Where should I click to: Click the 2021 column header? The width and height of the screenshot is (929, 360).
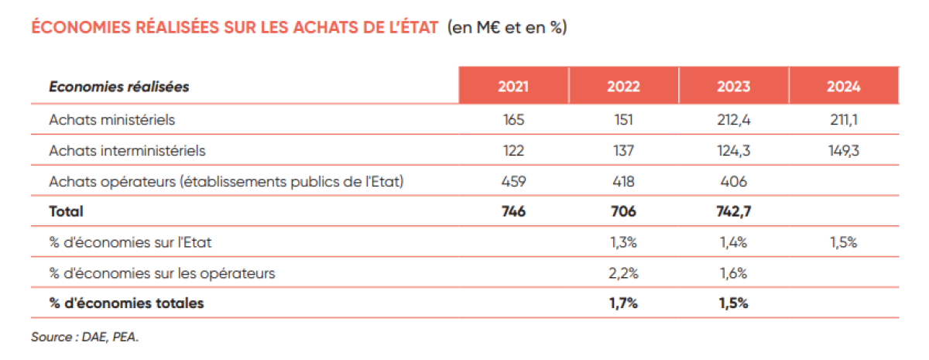pos(513,87)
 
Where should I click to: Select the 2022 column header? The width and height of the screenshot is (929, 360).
pos(623,87)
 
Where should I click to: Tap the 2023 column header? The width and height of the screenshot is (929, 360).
pos(733,87)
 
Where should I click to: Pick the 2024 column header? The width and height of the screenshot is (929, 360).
pos(843,87)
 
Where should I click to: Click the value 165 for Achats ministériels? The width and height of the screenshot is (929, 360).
pos(513,120)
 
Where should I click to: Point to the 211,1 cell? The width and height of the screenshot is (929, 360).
pos(843,120)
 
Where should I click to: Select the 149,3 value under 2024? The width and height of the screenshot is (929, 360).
pos(843,150)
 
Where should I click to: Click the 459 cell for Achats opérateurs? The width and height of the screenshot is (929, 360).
pos(513,181)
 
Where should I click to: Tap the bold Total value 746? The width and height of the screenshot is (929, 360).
pos(513,211)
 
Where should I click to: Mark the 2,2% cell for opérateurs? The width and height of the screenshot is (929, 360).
pos(623,273)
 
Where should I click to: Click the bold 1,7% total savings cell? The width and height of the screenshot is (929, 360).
pos(623,303)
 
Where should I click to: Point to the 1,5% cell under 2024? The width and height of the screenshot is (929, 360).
pos(843,242)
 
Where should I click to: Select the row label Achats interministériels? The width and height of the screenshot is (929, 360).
pos(127,150)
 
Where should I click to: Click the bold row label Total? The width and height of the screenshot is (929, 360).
pos(66,211)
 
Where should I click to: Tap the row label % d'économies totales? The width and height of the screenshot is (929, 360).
pos(126,303)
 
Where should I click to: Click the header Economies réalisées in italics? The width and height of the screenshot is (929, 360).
pos(119,87)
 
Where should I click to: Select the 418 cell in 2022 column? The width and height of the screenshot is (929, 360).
pos(623,181)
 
